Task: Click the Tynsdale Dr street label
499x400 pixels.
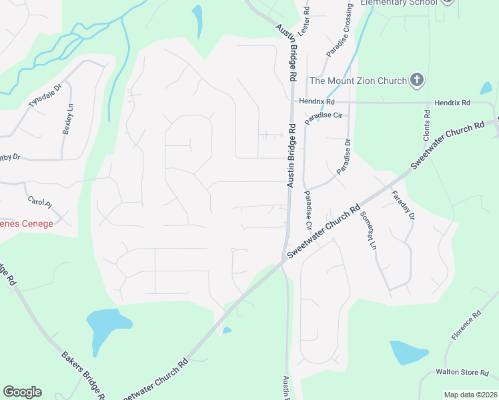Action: coord(45,95)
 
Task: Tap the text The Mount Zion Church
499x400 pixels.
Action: coord(358,81)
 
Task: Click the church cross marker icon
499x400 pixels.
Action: coord(417,81)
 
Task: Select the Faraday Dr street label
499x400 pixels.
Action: coord(404,206)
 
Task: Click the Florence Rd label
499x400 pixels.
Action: coord(466,326)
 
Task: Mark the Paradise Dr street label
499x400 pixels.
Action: coord(344,157)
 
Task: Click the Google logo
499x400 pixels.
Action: coord(22,392)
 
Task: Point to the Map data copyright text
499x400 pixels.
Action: coord(470,395)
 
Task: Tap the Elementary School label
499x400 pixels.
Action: coord(399,3)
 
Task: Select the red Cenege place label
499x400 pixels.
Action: coord(27,223)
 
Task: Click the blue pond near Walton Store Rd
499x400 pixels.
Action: coord(408,352)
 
